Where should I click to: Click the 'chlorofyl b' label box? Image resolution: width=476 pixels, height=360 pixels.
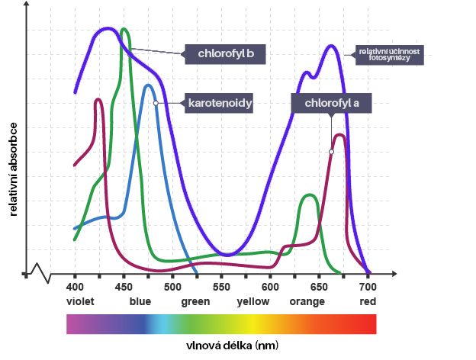pos(225,54)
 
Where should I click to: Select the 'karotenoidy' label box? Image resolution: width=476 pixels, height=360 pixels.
pos(219,102)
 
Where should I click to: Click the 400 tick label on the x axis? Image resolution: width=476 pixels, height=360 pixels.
pos(75,286)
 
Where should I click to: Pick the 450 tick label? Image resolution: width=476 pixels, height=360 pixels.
pos(124,286)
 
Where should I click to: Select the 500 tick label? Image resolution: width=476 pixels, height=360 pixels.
pos(172,286)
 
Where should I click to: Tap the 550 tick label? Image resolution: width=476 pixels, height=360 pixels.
pos(221,286)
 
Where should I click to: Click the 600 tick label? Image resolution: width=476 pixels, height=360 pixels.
pos(270,286)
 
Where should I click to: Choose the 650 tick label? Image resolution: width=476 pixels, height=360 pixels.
pos(319,286)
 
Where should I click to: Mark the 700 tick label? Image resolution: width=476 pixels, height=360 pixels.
pos(368,286)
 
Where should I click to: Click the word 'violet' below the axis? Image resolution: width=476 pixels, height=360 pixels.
pos(79,301)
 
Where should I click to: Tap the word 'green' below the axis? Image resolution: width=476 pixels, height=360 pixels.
pos(195,301)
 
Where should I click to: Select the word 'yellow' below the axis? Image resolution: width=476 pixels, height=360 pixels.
pos(253,301)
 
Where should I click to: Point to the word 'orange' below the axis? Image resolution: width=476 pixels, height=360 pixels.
pos(307,301)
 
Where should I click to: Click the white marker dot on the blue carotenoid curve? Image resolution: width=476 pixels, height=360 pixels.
pos(155,102)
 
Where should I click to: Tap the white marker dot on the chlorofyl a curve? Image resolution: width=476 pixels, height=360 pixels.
pos(331,152)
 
